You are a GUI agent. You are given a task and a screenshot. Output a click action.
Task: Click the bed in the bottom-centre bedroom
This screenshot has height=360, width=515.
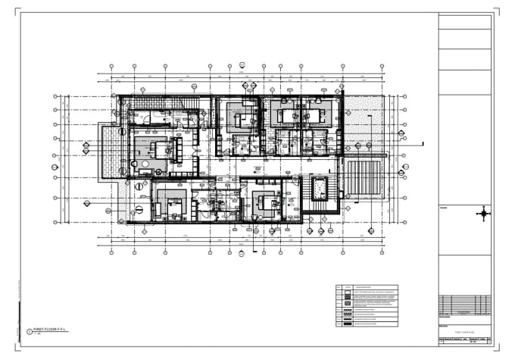tap(266, 203)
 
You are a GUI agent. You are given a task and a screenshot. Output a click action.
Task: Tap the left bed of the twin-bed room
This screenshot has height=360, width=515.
tap(288, 116)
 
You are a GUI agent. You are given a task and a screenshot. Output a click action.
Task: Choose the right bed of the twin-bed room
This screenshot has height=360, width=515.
tap(312, 116)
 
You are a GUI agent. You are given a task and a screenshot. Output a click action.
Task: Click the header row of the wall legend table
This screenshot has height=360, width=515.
tap(366, 287)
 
